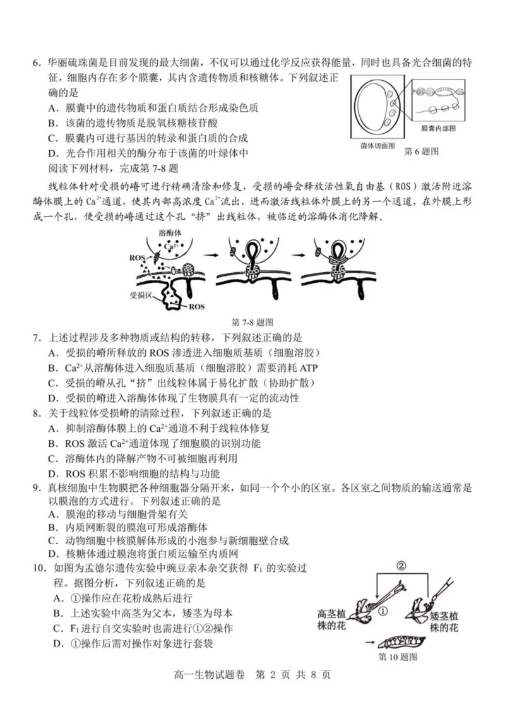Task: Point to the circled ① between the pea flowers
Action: pos(383,610)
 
